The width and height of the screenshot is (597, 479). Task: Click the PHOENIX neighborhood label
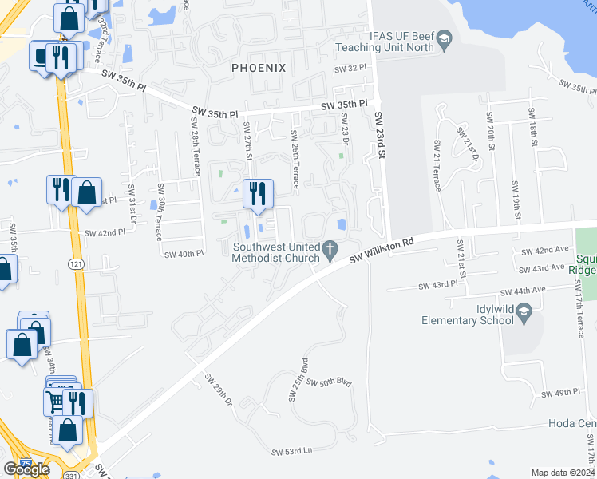coord(259,68)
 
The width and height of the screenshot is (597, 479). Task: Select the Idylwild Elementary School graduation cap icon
coord(524,315)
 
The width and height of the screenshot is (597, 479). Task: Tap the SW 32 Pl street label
coord(349,69)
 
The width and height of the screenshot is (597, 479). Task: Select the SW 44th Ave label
coord(522,291)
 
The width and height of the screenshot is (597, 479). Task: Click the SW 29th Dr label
coord(217,387)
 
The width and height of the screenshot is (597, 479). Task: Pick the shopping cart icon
coord(55,402)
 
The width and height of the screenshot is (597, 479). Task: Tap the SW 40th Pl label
coord(184,254)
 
